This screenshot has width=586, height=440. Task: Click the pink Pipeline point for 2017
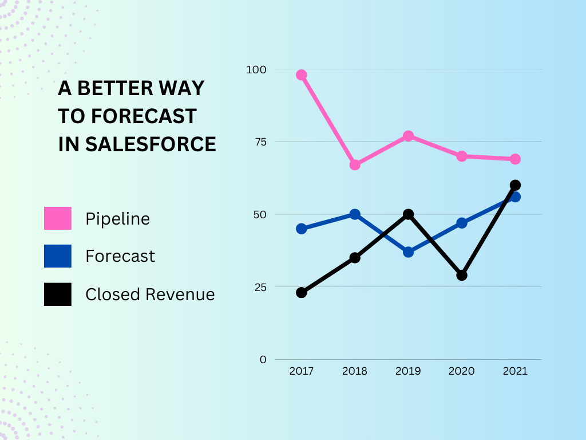pyautogui.click(x=302, y=75)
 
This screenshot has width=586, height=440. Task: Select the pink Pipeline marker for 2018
pyautogui.click(x=355, y=165)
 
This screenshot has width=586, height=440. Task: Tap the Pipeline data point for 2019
pyautogui.click(x=408, y=136)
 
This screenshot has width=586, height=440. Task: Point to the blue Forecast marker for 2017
pyautogui.click(x=302, y=229)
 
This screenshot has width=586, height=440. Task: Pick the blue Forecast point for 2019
pyautogui.click(x=408, y=252)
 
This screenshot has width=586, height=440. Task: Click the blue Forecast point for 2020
pyautogui.click(x=462, y=223)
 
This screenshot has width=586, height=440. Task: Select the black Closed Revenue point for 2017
pyautogui.click(x=302, y=293)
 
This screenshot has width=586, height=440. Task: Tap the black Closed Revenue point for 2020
pyautogui.click(x=462, y=275)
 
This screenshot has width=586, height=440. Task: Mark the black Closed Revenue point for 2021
pyautogui.click(x=515, y=185)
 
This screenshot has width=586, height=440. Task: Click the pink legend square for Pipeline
pyautogui.click(x=58, y=218)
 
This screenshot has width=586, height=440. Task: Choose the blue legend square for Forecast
pyautogui.click(x=58, y=256)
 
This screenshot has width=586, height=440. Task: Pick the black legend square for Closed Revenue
pyautogui.click(x=58, y=294)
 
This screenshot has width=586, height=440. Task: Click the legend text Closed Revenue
pyautogui.click(x=150, y=294)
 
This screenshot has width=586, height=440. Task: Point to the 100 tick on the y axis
pyautogui.click(x=256, y=69)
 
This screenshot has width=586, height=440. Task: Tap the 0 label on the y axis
pyautogui.click(x=263, y=360)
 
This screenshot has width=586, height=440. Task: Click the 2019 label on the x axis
pyautogui.click(x=408, y=371)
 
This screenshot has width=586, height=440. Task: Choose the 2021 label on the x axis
pyautogui.click(x=515, y=371)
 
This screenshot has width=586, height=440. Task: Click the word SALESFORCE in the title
pyautogui.click(x=151, y=144)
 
